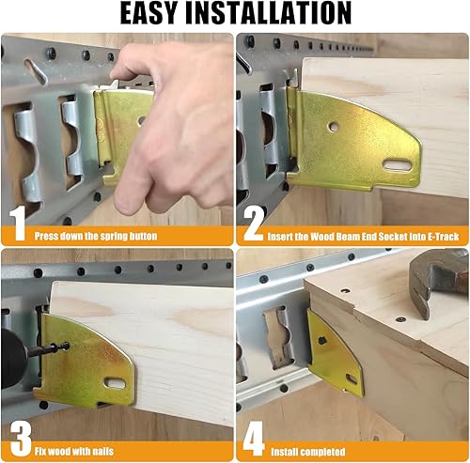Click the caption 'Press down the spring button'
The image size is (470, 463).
click(x=97, y=236)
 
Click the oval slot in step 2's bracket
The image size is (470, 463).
click(x=397, y=165)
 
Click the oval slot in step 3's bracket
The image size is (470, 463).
click(x=116, y=383)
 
